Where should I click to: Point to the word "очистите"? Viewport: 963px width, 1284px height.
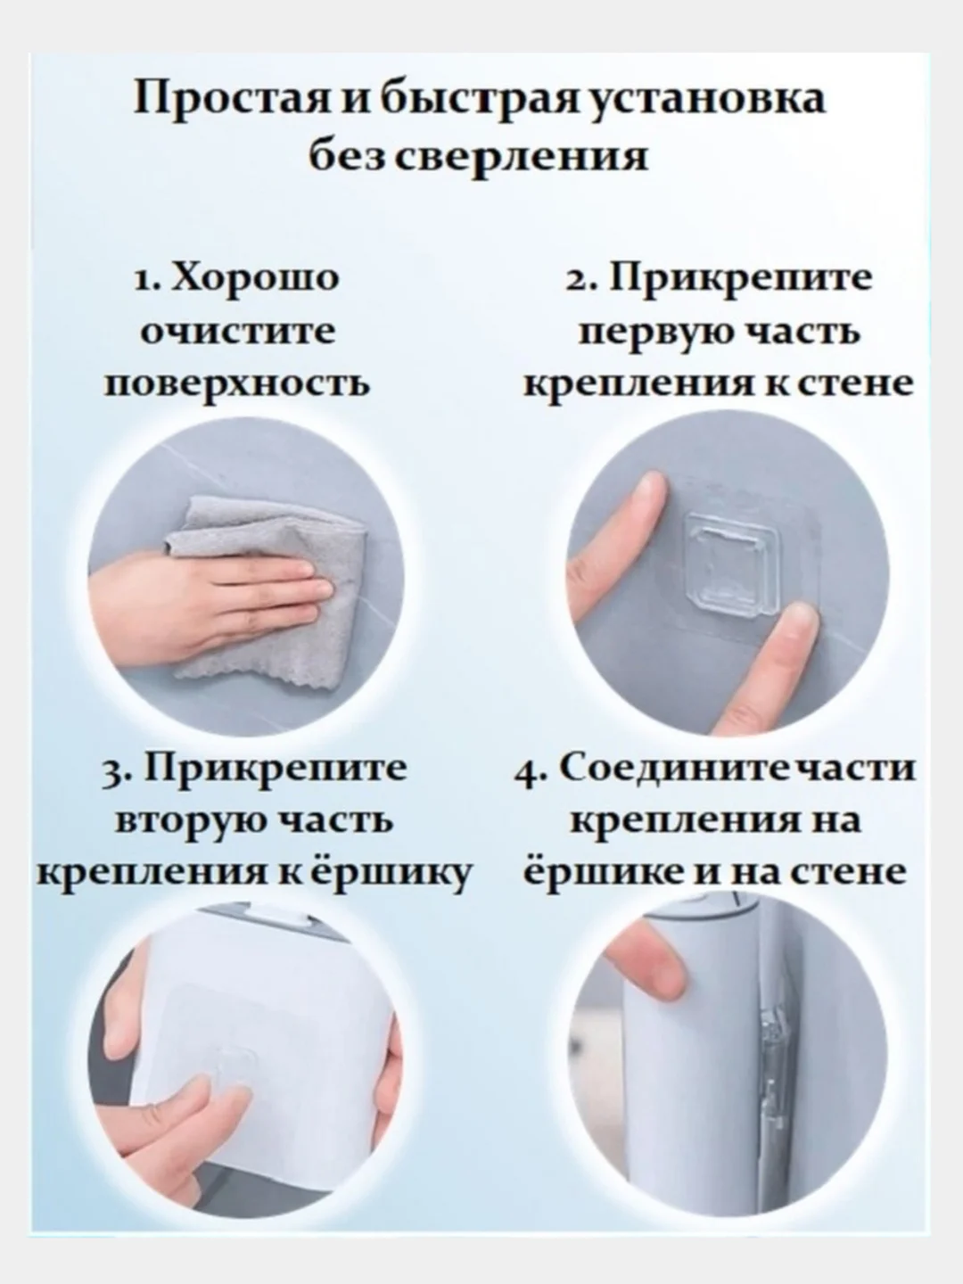point(240,332)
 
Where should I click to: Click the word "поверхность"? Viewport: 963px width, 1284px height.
point(237,385)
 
